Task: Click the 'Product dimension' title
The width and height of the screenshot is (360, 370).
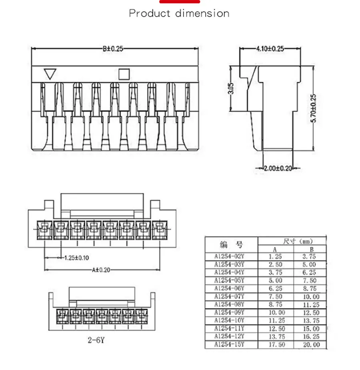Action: [x=179, y=14]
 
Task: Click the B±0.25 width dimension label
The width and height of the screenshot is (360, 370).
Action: [x=113, y=49]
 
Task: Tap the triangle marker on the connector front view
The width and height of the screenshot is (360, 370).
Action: [x=50, y=74]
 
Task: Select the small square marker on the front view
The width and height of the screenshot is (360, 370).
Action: [x=124, y=74]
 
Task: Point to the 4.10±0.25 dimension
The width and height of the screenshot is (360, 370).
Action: [x=270, y=49]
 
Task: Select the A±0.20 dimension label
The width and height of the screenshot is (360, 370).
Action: [x=100, y=270]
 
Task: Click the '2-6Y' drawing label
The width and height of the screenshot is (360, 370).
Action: [x=97, y=341]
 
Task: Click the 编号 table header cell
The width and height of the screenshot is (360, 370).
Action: [x=231, y=244]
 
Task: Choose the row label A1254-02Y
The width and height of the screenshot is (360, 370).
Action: [x=229, y=257]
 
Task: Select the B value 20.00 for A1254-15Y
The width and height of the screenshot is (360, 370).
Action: [x=312, y=344]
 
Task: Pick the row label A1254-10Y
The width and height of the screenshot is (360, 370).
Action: [x=229, y=320]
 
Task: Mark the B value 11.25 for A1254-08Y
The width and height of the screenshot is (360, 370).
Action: [x=312, y=304]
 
